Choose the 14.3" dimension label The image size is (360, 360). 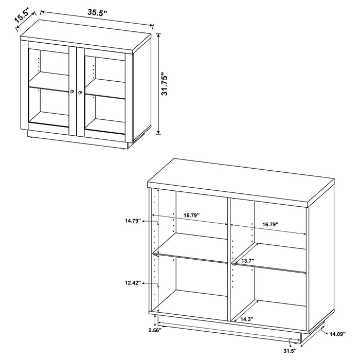point(245,319)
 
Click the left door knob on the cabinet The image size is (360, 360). point(72,93)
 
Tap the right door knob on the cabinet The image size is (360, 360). point(81,93)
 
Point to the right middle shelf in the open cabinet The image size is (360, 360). point(270,263)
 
